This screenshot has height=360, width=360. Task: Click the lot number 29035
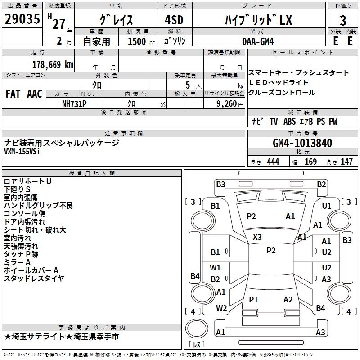click(22, 19)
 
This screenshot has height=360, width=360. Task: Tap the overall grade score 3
click(343, 21)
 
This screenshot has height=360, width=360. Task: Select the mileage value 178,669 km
click(53, 65)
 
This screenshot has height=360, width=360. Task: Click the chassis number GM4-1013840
click(302, 143)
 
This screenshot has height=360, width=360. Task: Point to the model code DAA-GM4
click(258, 41)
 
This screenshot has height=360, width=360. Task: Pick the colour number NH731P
click(74, 104)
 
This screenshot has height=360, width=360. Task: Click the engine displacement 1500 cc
click(141, 41)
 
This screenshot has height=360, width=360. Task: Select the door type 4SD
click(174, 20)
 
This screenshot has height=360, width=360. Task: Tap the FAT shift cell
click(13, 94)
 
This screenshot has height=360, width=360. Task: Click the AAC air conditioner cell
click(35, 94)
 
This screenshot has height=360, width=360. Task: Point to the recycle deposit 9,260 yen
click(229, 104)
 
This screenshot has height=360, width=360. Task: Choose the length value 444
click(273, 162)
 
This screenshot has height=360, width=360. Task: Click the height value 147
click(346, 162)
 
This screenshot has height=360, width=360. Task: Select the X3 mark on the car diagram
click(257, 237)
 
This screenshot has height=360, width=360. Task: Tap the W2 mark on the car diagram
click(221, 308)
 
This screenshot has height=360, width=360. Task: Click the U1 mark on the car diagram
click(327, 206)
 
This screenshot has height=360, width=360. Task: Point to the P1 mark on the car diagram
click(253, 299)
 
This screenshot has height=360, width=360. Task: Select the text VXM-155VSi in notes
click(22, 152)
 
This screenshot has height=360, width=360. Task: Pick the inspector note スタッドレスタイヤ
click(34, 278)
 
